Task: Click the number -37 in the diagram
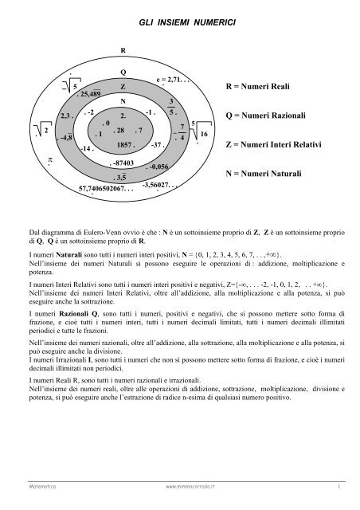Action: coord(157,145)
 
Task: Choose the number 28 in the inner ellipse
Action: coord(120,130)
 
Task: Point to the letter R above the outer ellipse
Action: coord(122,50)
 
